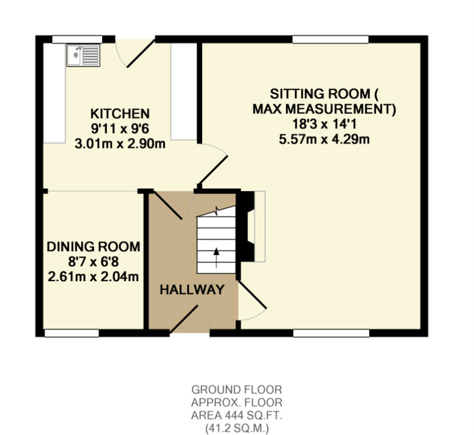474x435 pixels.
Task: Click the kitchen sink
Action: (83, 55)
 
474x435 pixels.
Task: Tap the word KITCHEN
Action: (120, 114)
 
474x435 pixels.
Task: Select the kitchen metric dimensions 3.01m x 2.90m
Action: (120, 144)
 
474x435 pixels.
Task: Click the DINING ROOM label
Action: (94, 247)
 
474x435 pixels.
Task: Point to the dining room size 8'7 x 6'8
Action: (93, 262)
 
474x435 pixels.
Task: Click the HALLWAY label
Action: (192, 290)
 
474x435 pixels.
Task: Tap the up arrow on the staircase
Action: (216, 258)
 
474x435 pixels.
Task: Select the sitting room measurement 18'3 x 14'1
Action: (324, 124)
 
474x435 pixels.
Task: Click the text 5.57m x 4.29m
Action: (324, 139)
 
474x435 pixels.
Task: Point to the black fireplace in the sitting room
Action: (247, 226)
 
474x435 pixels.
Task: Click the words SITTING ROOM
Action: (320, 94)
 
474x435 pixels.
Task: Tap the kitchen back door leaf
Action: (141, 54)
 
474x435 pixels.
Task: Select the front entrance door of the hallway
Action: (184, 319)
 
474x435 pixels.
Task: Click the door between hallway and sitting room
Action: (252, 295)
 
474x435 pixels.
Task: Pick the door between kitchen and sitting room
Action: (213, 170)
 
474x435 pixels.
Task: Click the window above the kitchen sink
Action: (77, 40)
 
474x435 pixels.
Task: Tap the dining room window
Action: (71, 333)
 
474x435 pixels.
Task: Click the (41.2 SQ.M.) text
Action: (237, 428)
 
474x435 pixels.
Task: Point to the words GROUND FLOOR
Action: (237, 390)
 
